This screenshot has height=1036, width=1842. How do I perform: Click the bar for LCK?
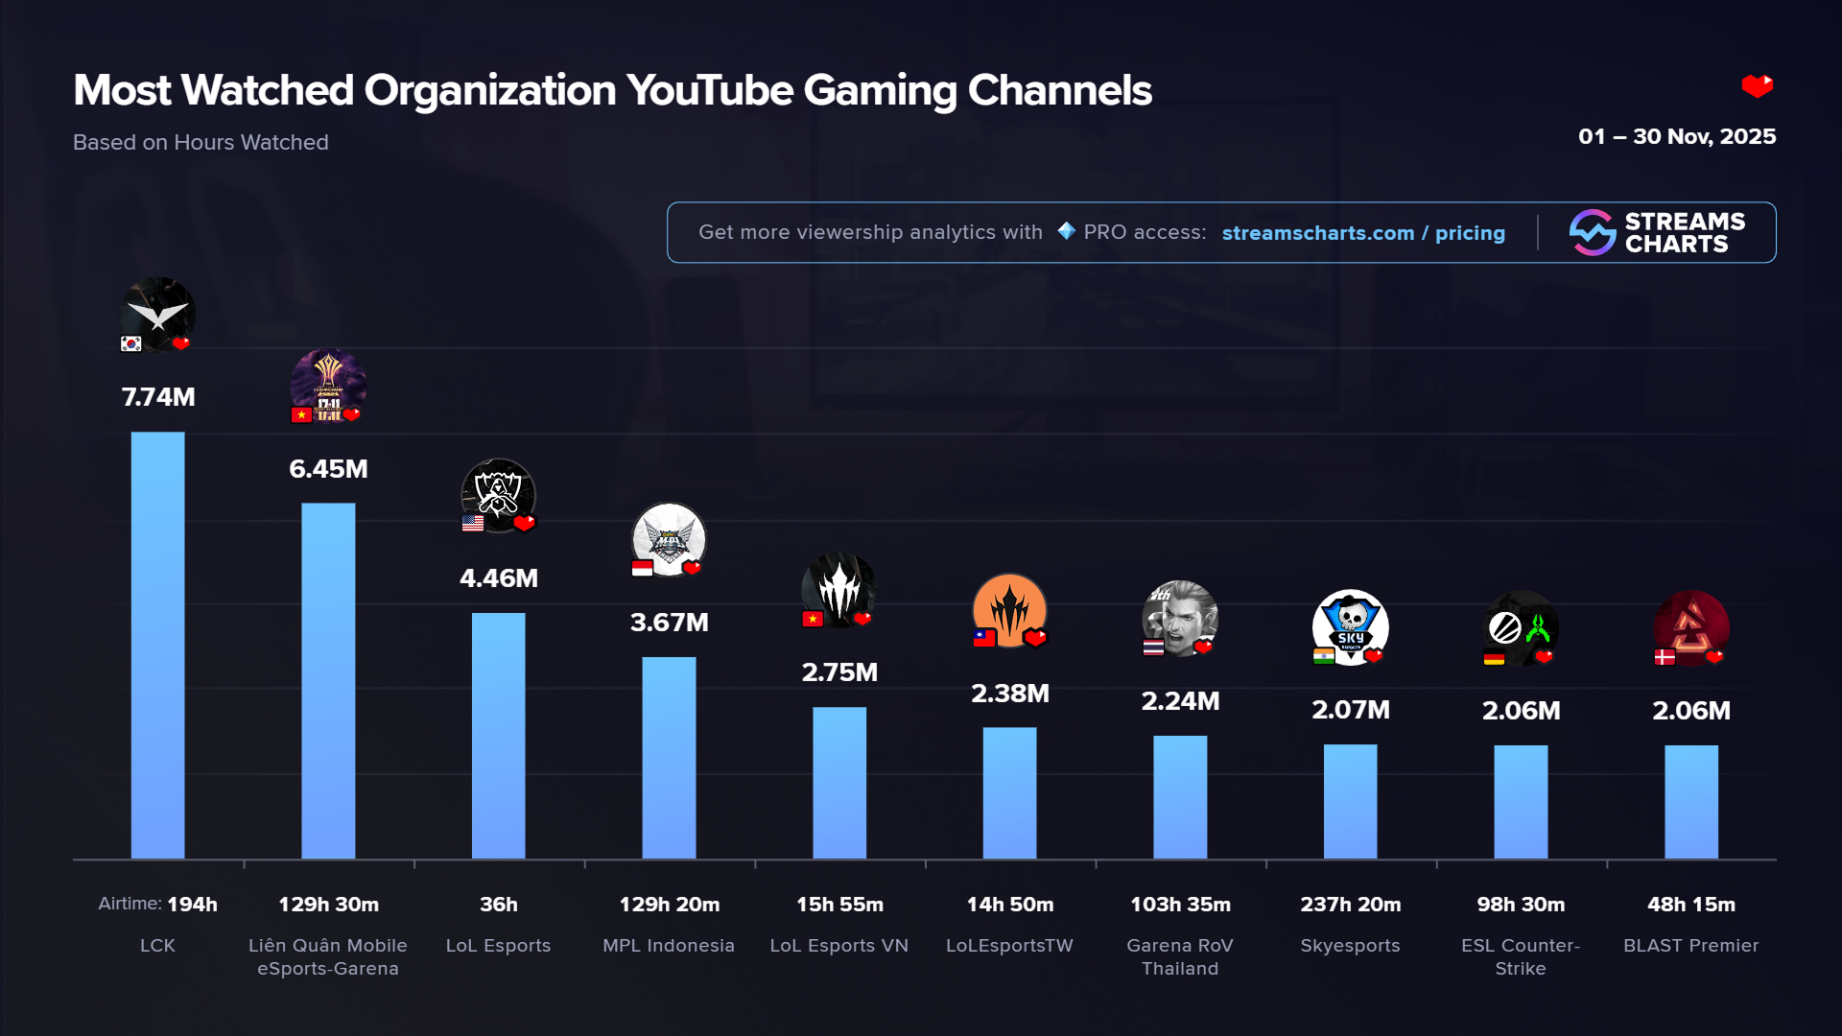(x=157, y=645)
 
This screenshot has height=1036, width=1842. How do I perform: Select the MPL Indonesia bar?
(x=669, y=757)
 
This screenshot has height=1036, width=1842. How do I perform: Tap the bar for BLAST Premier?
(x=1690, y=801)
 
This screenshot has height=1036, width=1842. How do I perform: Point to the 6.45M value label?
(x=328, y=469)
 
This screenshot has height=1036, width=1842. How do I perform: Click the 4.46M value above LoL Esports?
(x=499, y=578)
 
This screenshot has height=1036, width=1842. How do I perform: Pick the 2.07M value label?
(x=1350, y=710)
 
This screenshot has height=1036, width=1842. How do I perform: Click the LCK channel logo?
(x=158, y=314)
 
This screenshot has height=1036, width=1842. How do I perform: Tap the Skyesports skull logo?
(x=1350, y=625)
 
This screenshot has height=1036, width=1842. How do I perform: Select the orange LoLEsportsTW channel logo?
(x=1009, y=610)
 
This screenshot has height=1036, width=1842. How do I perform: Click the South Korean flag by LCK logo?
(x=131, y=344)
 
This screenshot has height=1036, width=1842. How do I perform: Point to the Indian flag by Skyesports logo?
(x=1324, y=657)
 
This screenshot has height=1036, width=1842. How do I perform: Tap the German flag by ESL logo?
(x=1494, y=658)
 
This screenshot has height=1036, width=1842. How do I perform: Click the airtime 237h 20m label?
(x=1350, y=905)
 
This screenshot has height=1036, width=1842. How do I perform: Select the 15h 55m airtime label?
(x=839, y=905)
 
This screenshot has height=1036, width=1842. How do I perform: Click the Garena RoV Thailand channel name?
(x=1180, y=956)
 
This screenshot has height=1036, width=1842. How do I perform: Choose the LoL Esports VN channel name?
(x=839, y=946)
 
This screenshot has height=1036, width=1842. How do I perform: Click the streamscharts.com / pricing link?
(x=1363, y=233)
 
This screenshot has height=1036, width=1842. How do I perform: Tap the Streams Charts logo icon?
(x=1593, y=232)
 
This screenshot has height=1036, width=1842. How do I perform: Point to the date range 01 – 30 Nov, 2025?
(x=1676, y=136)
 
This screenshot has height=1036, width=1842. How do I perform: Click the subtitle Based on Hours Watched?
(x=201, y=142)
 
